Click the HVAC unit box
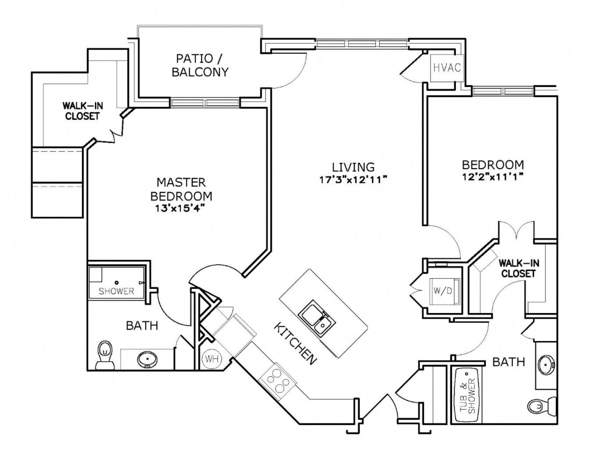446,68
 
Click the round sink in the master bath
146,360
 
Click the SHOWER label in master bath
116,291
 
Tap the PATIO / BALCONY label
200,65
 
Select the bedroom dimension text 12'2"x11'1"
493,177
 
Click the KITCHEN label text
295,343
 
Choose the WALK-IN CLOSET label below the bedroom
519,268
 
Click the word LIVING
353,167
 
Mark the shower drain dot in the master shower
117,282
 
